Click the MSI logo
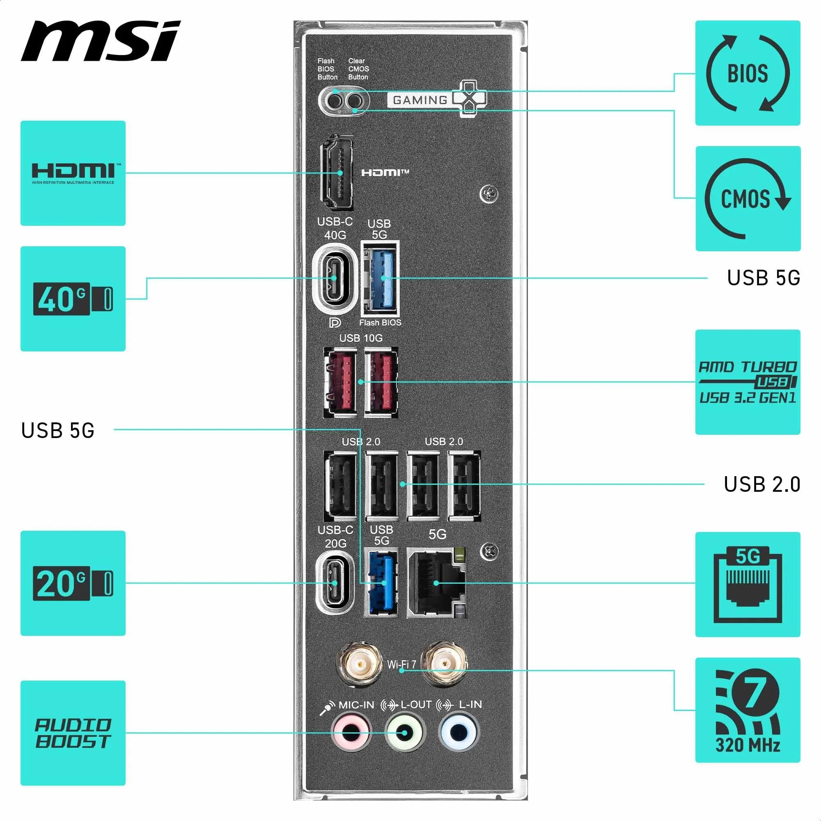tap(101, 41)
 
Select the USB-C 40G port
tap(334, 278)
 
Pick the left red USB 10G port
tap(341, 383)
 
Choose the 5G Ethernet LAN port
tap(436, 583)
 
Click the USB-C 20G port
tap(335, 583)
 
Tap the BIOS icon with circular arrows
tap(748, 73)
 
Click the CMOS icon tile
tap(748, 198)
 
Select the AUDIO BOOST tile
tap(73, 733)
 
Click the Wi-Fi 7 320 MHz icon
tap(748, 710)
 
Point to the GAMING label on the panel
tap(420, 100)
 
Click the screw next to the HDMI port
tap(488, 194)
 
